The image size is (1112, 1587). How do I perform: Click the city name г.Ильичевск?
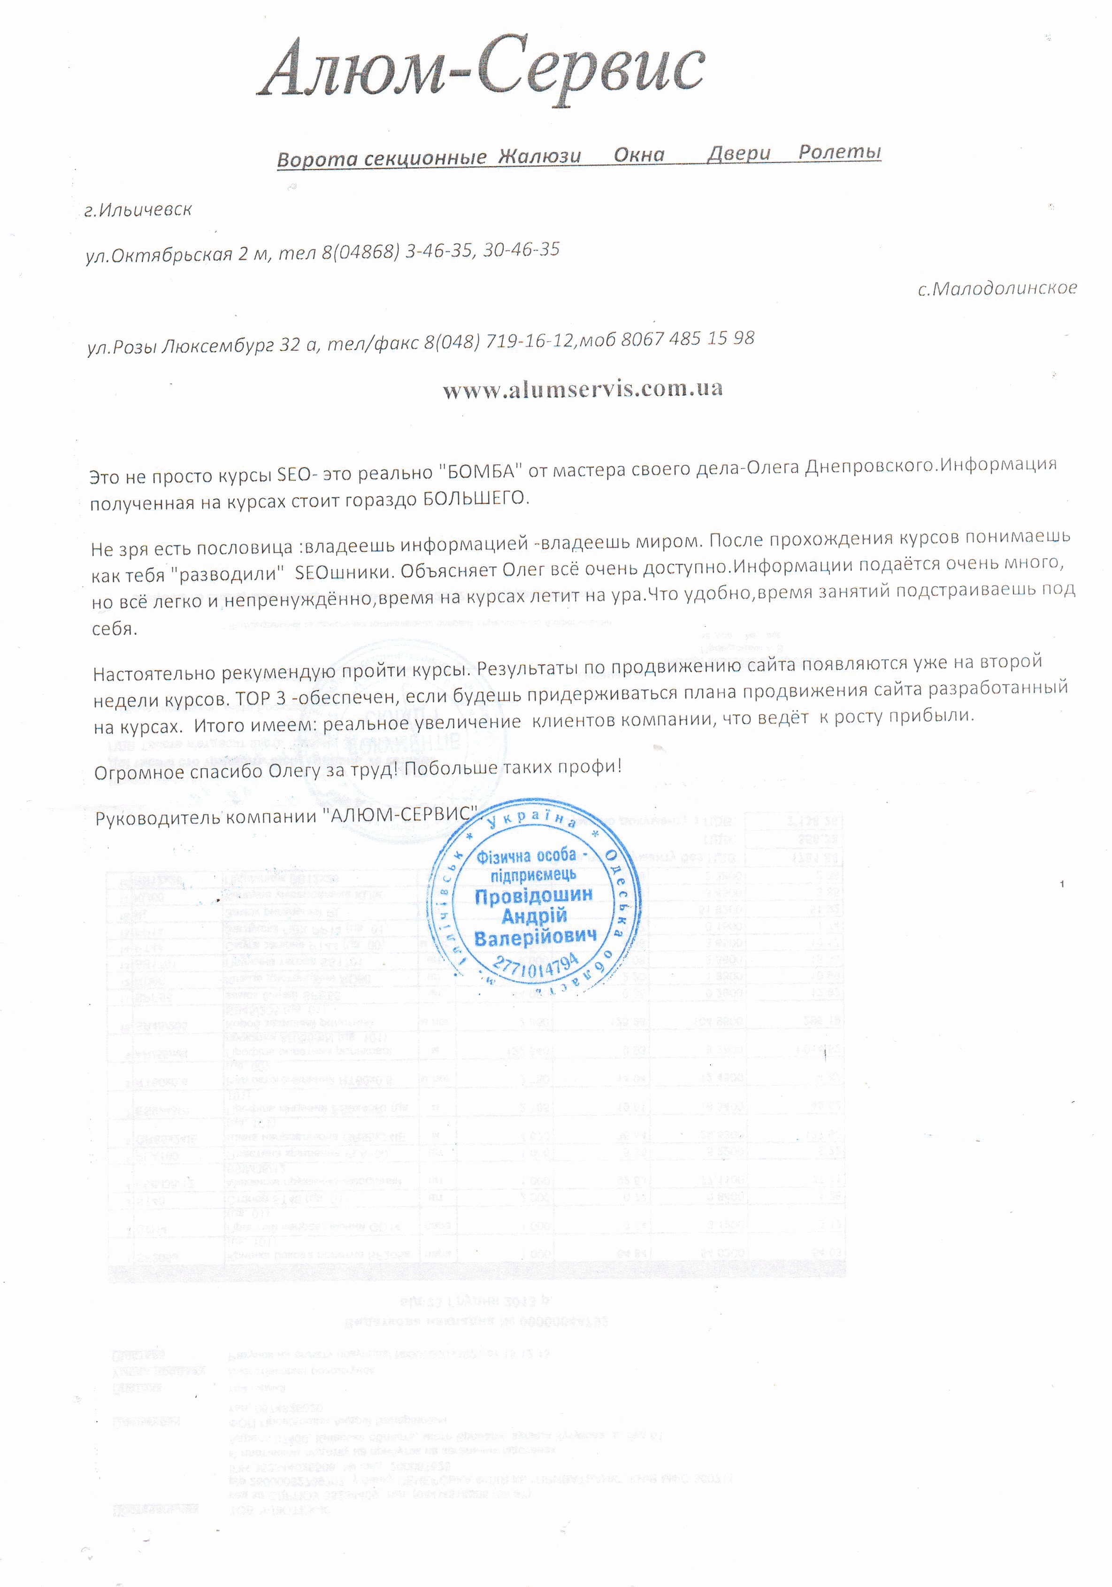(138, 209)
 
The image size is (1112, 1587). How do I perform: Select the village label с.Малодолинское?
(997, 288)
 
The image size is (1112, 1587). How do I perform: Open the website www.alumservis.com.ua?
(583, 389)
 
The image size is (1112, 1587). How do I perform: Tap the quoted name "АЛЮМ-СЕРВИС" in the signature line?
(401, 815)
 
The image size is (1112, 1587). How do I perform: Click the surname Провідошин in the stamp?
(533, 896)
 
